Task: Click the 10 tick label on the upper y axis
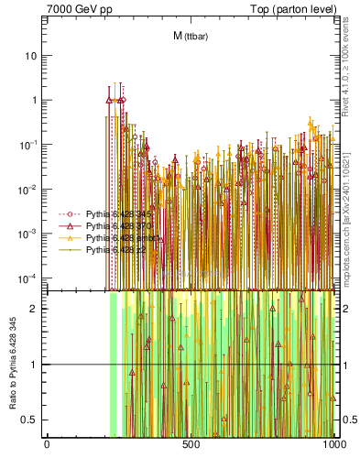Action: tap(31, 55)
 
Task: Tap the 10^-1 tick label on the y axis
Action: tap(28, 145)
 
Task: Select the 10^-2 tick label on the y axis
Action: tap(28, 190)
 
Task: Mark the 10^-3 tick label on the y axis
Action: tap(28, 234)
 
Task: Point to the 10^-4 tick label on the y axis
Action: tap(28, 278)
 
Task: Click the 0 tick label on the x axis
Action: tap(47, 444)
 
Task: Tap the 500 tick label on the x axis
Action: tap(191, 444)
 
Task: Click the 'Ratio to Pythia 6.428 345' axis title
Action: tap(10, 364)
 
